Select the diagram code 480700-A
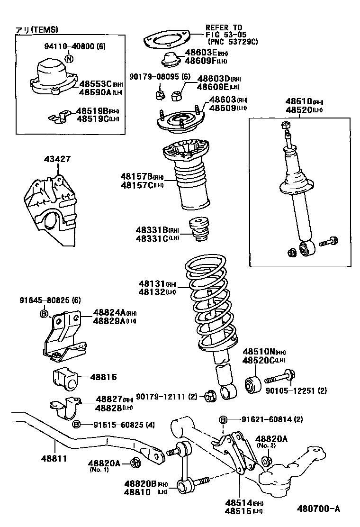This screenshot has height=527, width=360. click(318, 509)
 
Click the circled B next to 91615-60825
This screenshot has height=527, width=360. click(76, 424)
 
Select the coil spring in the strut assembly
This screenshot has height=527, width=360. click(208, 303)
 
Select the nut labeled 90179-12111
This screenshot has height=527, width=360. click(209, 396)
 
